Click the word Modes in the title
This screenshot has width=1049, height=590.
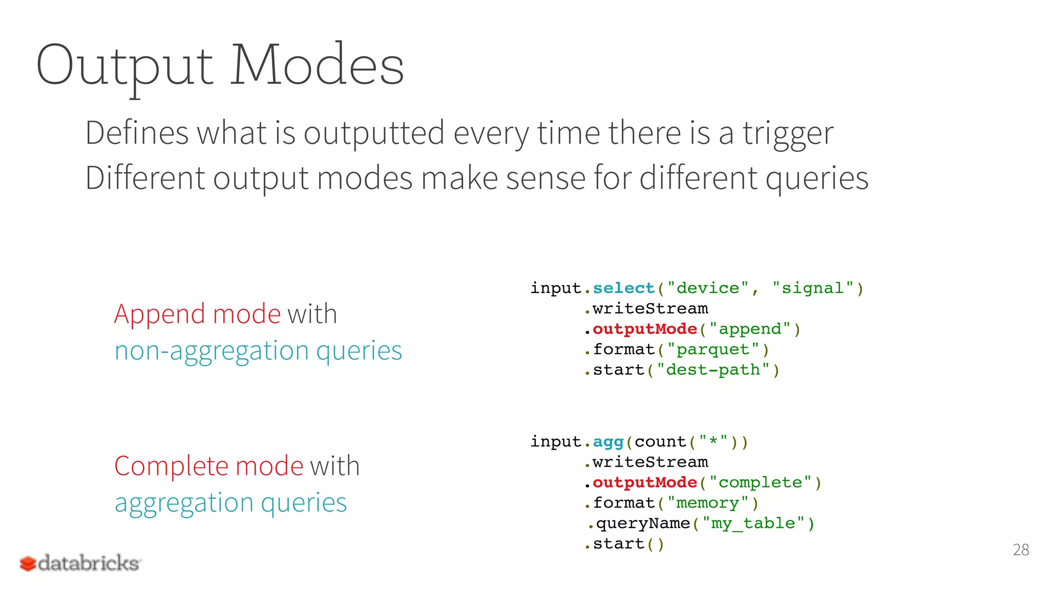317,65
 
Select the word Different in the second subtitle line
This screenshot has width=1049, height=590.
145,178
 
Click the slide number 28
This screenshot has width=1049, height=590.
1020,550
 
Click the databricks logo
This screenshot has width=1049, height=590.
80,563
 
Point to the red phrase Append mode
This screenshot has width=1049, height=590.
197,313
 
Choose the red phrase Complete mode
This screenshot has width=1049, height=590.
209,466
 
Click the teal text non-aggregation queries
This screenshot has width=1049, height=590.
258,351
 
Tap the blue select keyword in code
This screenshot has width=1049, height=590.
623,288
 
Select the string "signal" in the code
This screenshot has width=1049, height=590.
813,288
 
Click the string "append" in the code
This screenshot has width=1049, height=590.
750,329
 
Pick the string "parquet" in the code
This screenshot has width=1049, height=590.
713,349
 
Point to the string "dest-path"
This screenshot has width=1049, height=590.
713,370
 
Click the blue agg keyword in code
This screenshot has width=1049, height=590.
608,441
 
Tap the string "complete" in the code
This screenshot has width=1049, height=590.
760,482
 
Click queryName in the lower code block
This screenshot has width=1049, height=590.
643,523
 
